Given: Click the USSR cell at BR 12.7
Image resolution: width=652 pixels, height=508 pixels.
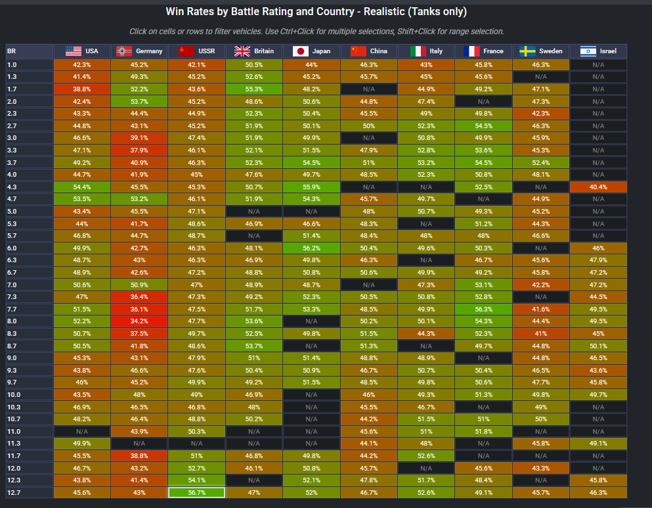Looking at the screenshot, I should pyautogui.click(x=196, y=492).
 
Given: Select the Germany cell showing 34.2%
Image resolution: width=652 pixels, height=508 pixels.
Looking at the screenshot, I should pyautogui.click(x=139, y=321).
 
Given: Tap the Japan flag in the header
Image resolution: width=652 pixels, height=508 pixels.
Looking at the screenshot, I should pyautogui.click(x=301, y=51).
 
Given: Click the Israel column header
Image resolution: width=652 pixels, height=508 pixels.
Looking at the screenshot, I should pyautogui.click(x=598, y=51).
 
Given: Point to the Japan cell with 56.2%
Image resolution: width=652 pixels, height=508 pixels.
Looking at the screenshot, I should pyautogui.click(x=311, y=248).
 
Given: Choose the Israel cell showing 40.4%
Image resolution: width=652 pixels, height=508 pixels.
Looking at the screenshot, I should pyautogui.click(x=598, y=187).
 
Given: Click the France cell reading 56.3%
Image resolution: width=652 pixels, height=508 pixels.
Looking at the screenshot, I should pyautogui.click(x=483, y=309).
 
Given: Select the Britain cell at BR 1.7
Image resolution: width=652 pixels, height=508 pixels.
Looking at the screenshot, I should pyautogui.click(x=254, y=89).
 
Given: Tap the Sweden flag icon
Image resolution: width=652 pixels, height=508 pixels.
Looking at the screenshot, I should pyautogui.click(x=527, y=51).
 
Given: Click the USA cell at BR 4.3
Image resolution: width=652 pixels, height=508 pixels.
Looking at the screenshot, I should pyautogui.click(x=82, y=187).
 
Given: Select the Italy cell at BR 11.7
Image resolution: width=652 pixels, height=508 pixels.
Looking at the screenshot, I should pyautogui.click(x=426, y=455).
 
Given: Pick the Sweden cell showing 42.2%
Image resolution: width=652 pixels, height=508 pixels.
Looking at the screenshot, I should pyautogui.click(x=541, y=285).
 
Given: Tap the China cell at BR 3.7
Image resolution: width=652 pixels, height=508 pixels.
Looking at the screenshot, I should pyautogui.click(x=368, y=162).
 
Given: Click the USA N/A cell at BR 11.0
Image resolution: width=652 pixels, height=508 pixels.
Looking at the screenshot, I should pyautogui.click(x=82, y=431).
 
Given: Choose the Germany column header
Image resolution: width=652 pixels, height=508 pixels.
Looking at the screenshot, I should pyautogui.click(x=139, y=51).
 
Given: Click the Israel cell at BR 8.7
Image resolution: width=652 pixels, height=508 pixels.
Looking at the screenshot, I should pyautogui.click(x=598, y=346).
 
